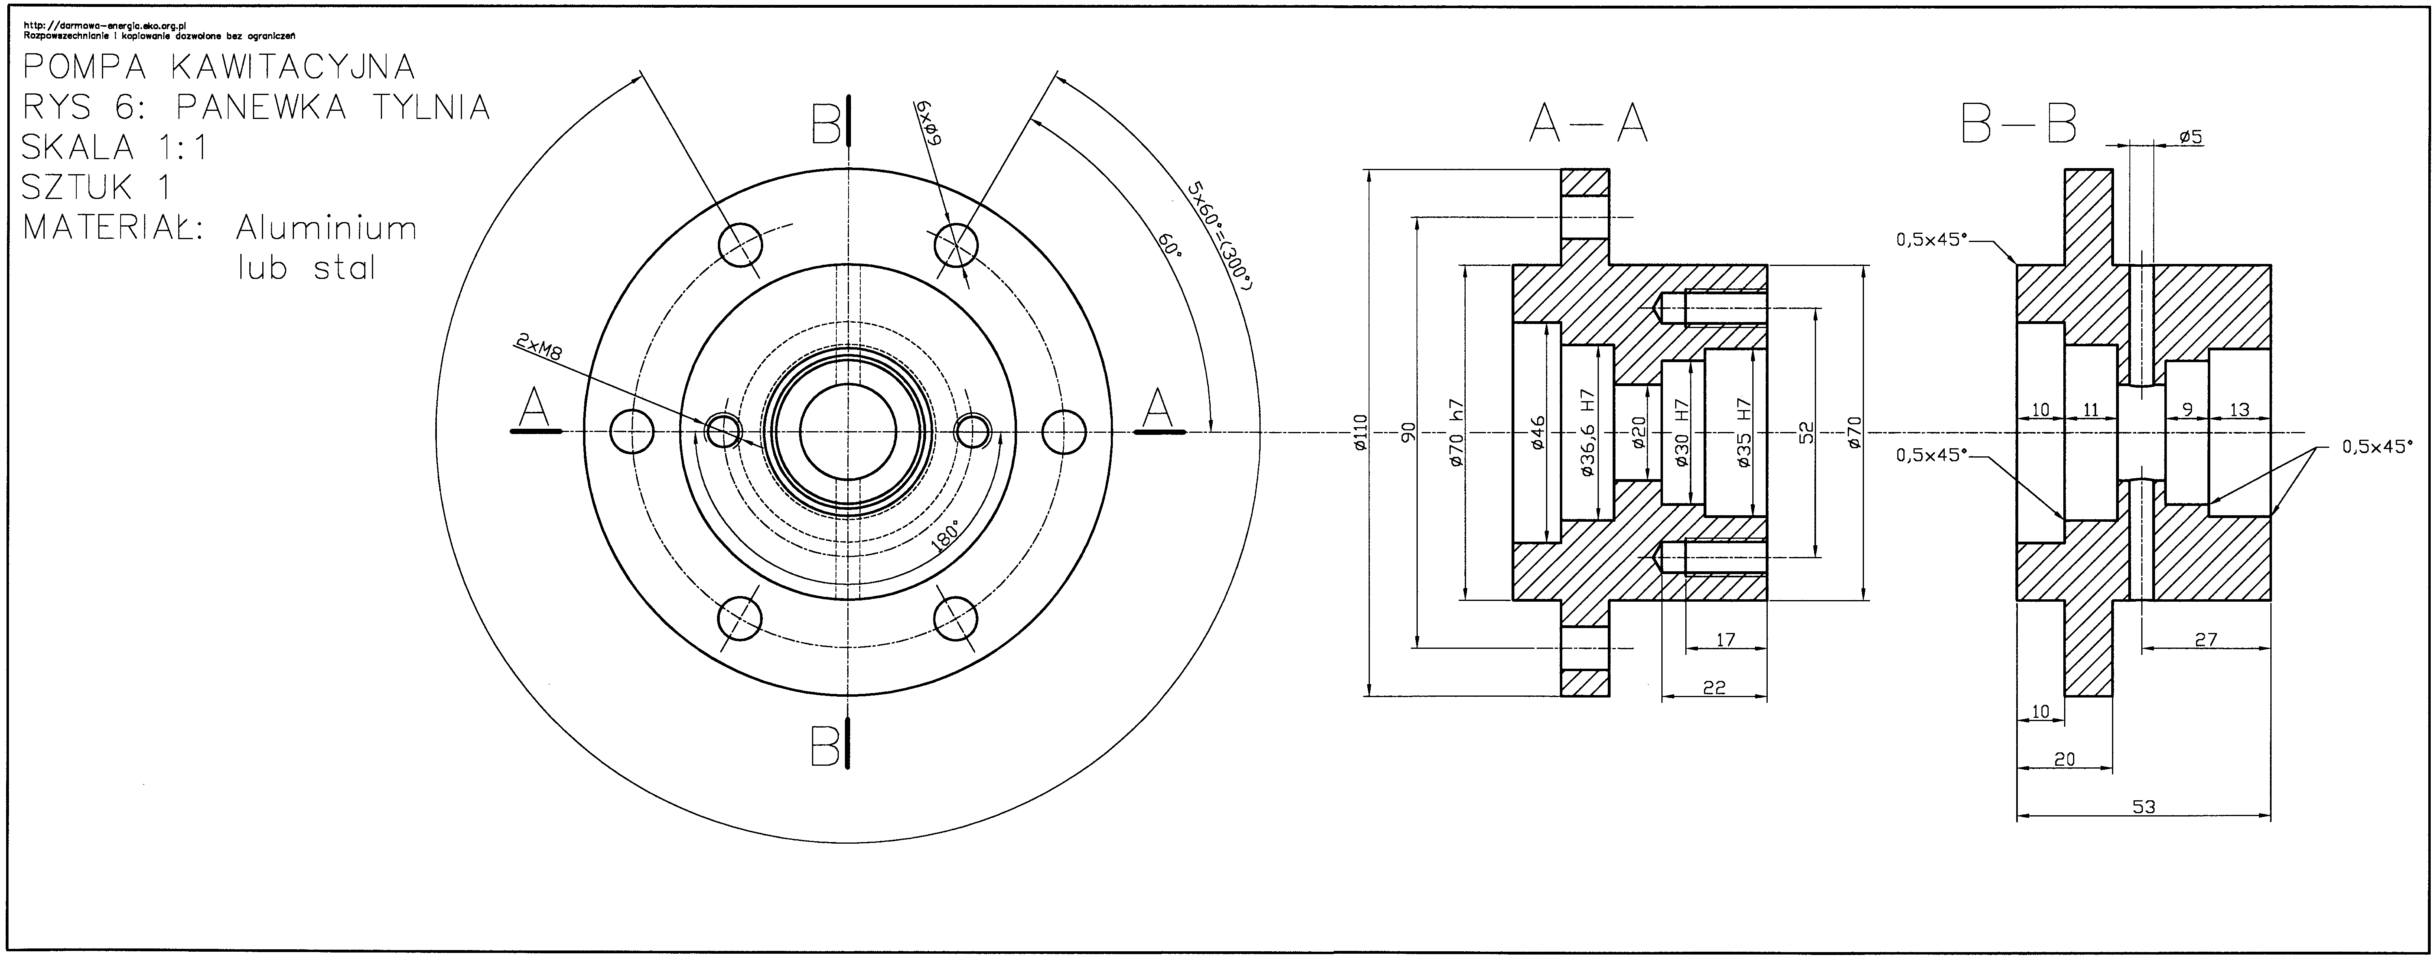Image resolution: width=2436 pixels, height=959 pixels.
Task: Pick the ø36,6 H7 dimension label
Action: tap(1588, 432)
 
